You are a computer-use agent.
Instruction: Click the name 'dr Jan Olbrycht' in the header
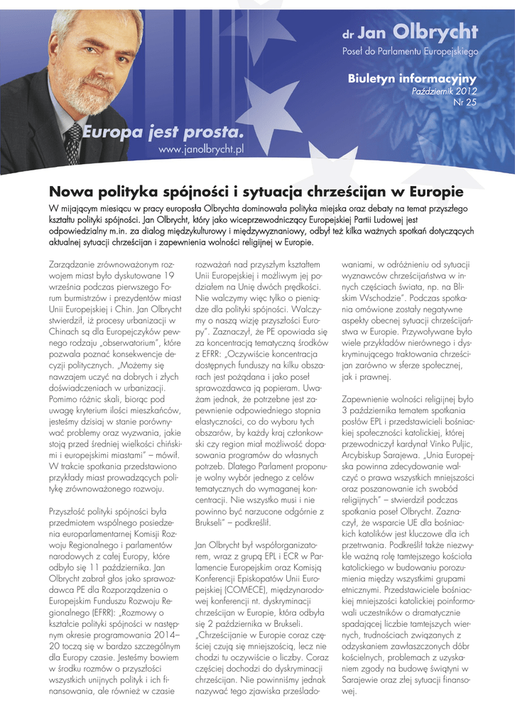pos(410,33)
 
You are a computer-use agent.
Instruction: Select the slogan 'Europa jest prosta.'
pos(163,131)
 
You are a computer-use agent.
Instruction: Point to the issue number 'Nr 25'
pos(465,103)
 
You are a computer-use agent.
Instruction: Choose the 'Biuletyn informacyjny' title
pos(412,79)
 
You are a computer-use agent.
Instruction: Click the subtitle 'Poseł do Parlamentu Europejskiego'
pos(410,52)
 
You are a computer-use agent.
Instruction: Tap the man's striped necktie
pos(72,141)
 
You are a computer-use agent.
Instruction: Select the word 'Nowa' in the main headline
pos(70,192)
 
